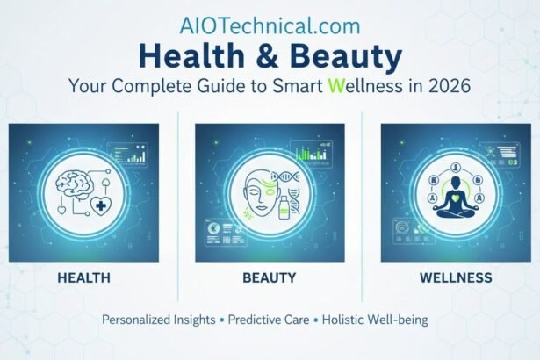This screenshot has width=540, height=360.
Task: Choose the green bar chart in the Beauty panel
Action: [x=308, y=155]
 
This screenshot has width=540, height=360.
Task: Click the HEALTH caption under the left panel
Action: [x=83, y=277]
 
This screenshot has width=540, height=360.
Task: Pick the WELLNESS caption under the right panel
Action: [x=457, y=277]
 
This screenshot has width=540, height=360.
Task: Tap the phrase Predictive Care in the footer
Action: [x=267, y=320]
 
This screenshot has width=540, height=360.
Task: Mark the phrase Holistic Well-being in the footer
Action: [x=373, y=320]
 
